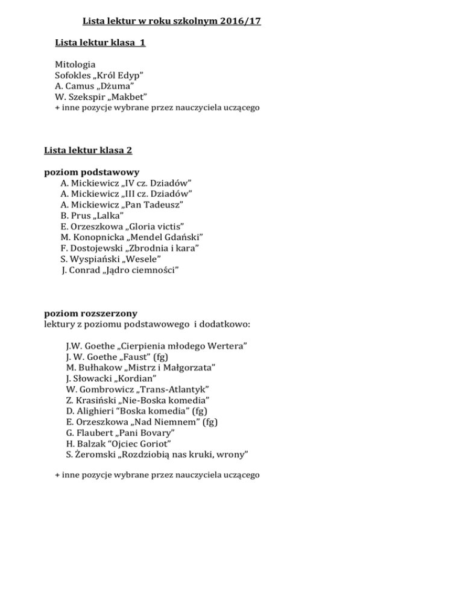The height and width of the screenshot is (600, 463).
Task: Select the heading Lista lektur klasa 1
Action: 99,43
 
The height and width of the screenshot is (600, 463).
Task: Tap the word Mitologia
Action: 75,63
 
